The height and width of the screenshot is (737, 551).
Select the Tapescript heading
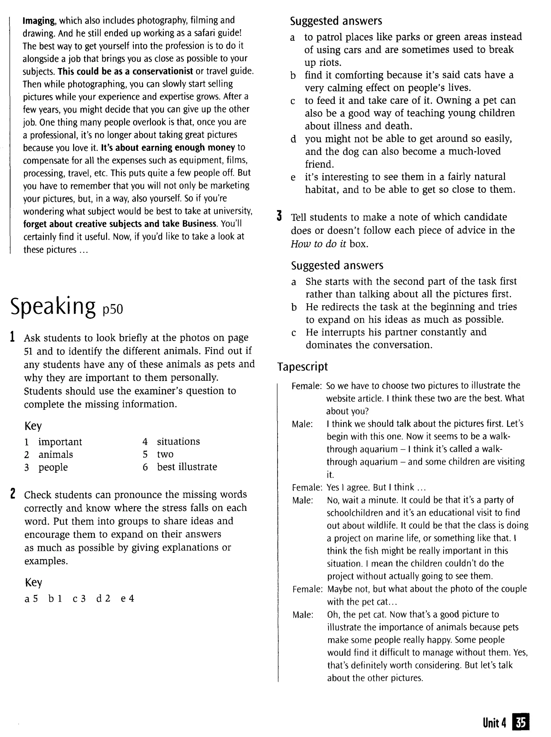coord(302,367)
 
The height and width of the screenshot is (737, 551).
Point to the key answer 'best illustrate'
coord(187,467)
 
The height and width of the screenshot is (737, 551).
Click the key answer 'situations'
coord(178,441)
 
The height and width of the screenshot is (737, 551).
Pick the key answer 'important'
coord(60,442)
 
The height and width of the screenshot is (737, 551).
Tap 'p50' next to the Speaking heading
coord(112,310)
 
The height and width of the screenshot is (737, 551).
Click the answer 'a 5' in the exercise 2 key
coord(31,599)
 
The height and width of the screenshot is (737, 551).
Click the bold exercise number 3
coord(280,216)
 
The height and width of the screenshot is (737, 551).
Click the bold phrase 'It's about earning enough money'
coord(168,148)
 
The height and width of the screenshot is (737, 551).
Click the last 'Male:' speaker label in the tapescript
coord(303,615)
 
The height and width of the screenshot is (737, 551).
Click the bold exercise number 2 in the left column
coord(13,493)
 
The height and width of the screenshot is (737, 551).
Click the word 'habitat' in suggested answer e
coord(322,190)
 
